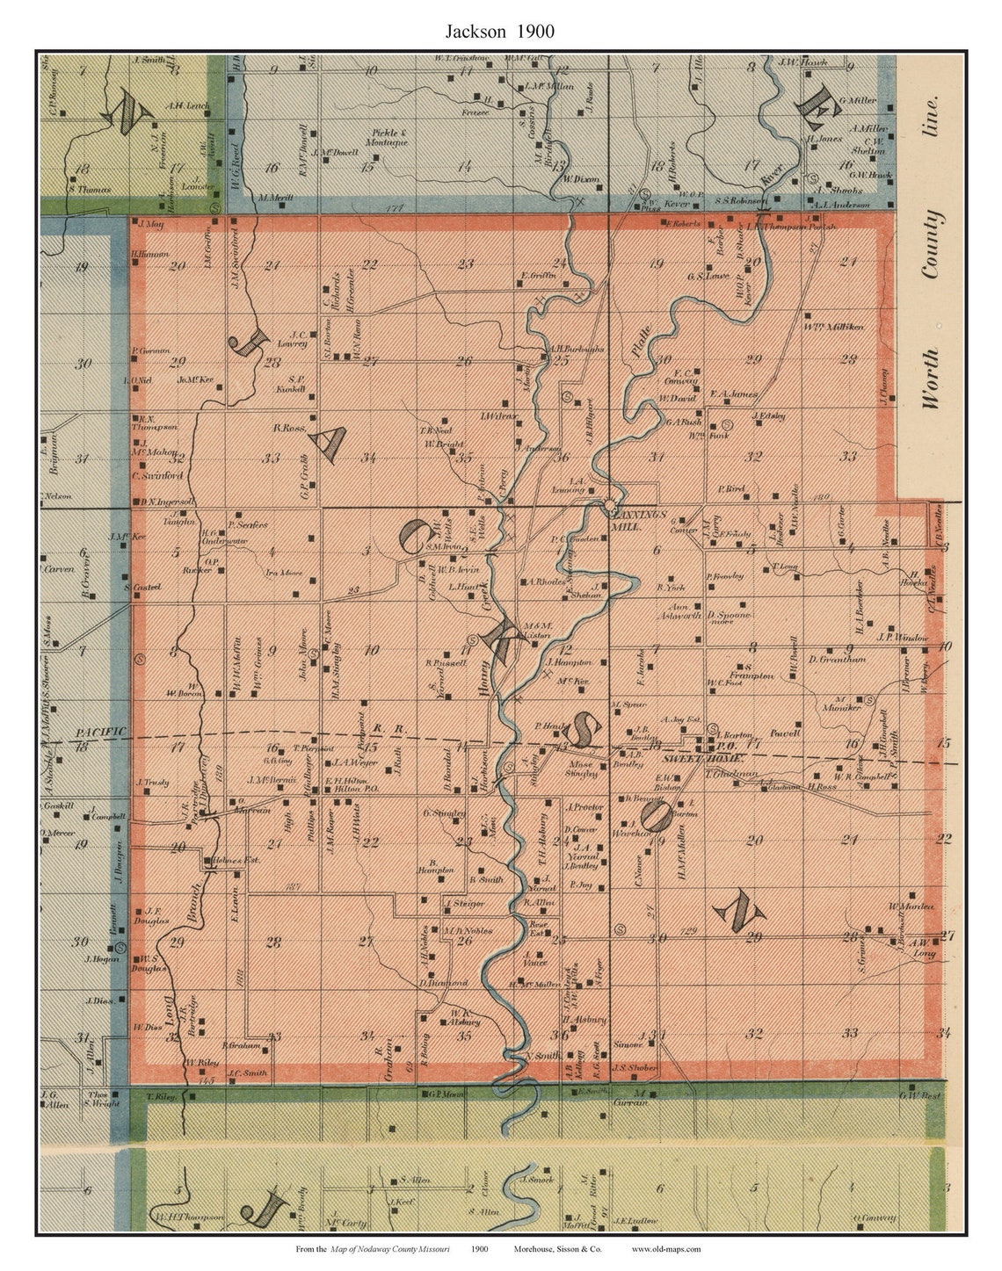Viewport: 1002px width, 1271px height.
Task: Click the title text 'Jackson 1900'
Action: (x=498, y=32)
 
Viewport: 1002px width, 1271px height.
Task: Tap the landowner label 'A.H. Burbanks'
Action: (x=577, y=349)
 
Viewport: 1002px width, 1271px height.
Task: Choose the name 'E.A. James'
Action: (x=733, y=394)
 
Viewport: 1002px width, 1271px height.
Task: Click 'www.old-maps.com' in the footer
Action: (x=666, y=1249)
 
